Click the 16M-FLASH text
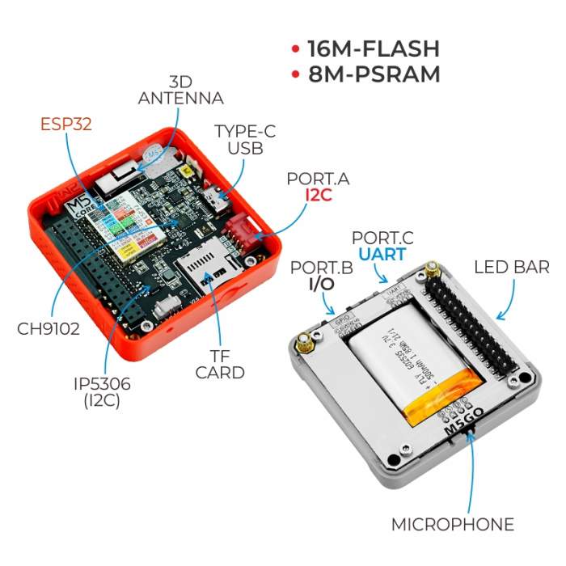click(373, 48)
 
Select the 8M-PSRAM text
click(374, 74)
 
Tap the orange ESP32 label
click(66, 124)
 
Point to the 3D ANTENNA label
click(180, 91)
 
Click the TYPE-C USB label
click(239, 139)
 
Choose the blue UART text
click(382, 255)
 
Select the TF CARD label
click(220, 363)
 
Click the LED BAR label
click(511, 267)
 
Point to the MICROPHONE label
click(453, 525)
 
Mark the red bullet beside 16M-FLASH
click(296, 49)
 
